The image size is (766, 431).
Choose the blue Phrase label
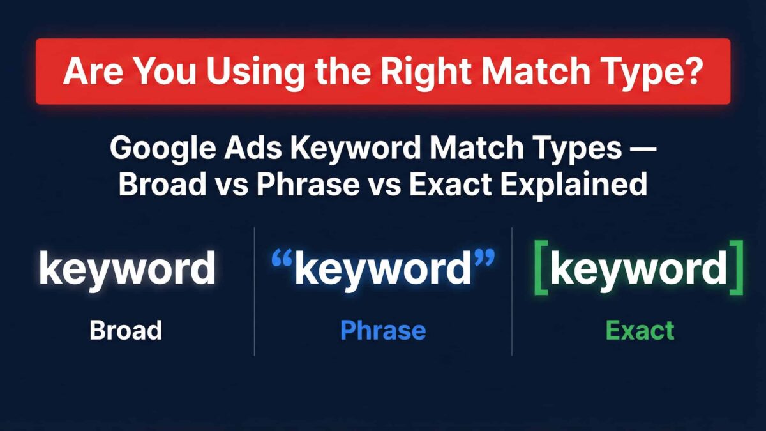[x=383, y=330]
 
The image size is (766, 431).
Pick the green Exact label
[x=640, y=330]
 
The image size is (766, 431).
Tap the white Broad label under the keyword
[x=126, y=330]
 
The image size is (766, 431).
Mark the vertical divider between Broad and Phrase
[x=255, y=291]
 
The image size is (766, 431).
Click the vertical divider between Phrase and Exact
[x=512, y=291]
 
